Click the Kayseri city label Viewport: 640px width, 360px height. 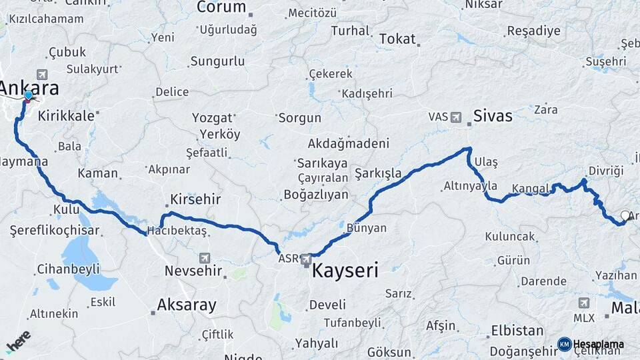345,271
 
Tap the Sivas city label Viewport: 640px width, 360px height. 493,116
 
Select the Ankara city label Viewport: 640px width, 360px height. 29,88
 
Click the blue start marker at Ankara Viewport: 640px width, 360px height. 29,95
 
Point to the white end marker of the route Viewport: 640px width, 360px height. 625,215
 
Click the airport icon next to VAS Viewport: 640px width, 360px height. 456,117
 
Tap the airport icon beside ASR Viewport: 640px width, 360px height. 306,258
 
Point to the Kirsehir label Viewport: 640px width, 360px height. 195,199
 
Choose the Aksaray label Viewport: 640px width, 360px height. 187,305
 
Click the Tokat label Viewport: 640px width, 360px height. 397,39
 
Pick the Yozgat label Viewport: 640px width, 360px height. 211,118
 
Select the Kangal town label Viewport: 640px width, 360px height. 531,188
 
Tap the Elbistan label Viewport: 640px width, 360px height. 517,331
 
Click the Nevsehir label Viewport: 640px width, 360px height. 193,271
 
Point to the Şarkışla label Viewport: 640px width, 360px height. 378,173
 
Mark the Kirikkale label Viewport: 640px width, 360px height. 66,115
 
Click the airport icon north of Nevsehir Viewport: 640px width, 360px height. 204,257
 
